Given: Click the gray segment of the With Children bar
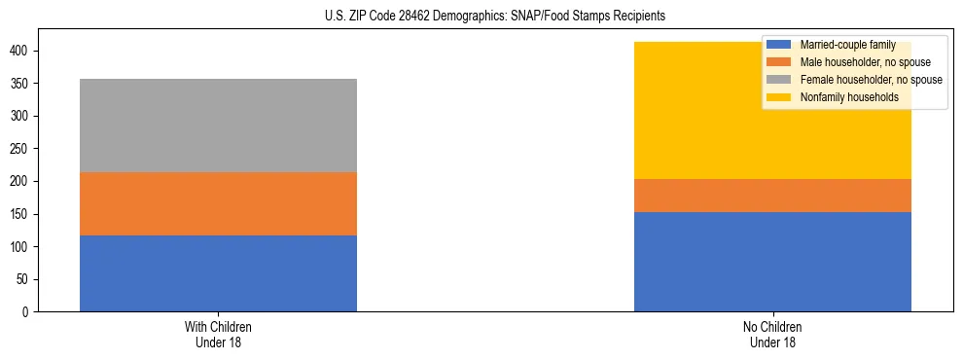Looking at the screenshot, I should [x=218, y=126].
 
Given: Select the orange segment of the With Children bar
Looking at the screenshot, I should [x=218, y=203].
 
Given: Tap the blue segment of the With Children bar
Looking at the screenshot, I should [x=218, y=273].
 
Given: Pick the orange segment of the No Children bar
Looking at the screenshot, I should [x=772, y=196].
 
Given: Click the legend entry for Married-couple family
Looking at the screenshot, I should [x=847, y=45].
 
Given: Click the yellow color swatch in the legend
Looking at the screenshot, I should [x=779, y=97].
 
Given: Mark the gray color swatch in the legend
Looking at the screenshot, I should [x=779, y=80].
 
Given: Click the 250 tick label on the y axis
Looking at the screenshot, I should [x=22, y=149].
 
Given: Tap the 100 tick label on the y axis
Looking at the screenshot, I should [x=22, y=247].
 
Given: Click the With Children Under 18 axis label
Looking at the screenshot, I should [x=218, y=334].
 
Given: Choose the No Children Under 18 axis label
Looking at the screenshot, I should [x=772, y=334].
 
